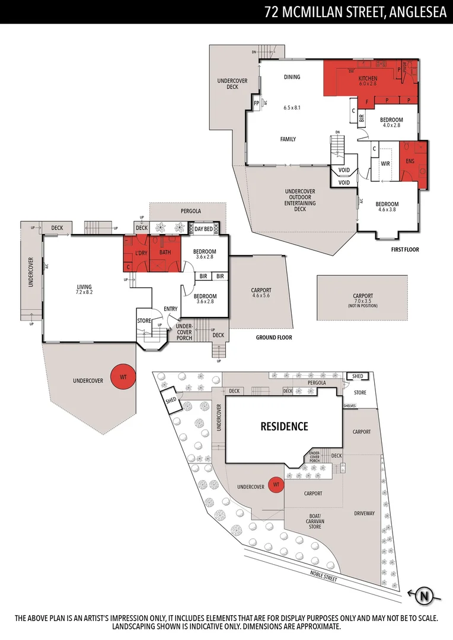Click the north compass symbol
pos(423,596)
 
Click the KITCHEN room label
pos(368,78)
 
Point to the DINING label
pos(292,76)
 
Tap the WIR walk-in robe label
pos(385,162)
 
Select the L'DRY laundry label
pos(141,253)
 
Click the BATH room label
pos(165,252)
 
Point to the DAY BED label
pos(203,228)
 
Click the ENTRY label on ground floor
pos(171,308)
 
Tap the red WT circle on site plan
pos(275,485)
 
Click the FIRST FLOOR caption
pos(405,249)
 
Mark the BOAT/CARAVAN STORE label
pos(315,521)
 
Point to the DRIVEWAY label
pos(365,513)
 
